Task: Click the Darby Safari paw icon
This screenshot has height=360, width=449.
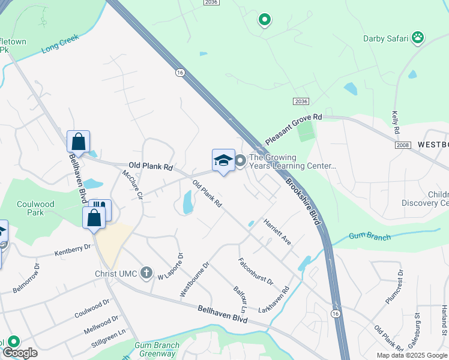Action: point(418,38)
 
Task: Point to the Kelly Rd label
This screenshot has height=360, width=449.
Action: point(396,122)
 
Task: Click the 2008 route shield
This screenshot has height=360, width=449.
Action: point(403,146)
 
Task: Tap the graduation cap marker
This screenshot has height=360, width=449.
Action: point(223,160)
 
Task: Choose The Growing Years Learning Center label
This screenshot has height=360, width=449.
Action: point(292,162)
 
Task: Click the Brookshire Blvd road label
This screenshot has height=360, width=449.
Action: point(303,202)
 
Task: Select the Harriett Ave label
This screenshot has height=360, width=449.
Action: point(277,232)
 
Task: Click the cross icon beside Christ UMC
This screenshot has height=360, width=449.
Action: point(146,274)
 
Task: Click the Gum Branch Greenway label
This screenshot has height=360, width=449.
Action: point(157,349)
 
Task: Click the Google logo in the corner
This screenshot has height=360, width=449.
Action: point(20,353)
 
